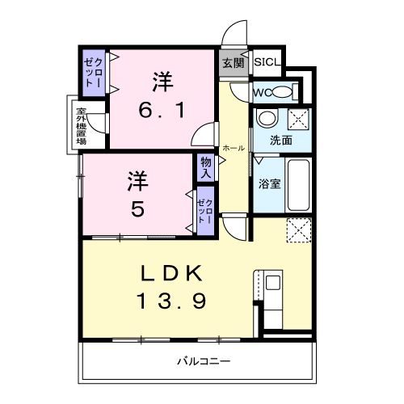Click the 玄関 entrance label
(x=232, y=63)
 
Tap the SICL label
(x=266, y=62)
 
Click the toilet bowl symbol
(x=280, y=90)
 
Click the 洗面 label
(x=281, y=140)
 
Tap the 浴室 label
(x=268, y=183)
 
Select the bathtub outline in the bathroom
(x=298, y=184)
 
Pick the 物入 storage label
(x=206, y=168)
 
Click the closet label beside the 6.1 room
(x=93, y=75)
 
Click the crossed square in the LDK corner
(x=298, y=232)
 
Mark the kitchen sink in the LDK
(x=272, y=284)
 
